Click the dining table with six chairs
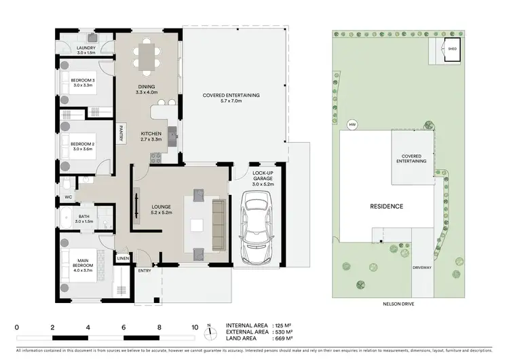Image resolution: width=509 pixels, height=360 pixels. (147, 56)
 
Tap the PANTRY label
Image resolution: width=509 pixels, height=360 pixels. (121, 134)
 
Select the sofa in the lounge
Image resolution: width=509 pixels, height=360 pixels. (219, 224)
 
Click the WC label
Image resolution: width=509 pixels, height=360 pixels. (69, 197)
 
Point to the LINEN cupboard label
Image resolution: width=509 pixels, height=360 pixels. (123, 258)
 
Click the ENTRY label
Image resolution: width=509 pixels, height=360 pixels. (145, 271)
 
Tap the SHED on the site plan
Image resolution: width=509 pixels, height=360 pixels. (452, 48)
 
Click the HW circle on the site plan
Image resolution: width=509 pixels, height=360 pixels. (352, 125)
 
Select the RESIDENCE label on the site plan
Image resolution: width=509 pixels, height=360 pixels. (386, 206)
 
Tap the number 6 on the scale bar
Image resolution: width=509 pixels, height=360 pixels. (124, 327)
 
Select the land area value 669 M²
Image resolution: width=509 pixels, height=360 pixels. (284, 338)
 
